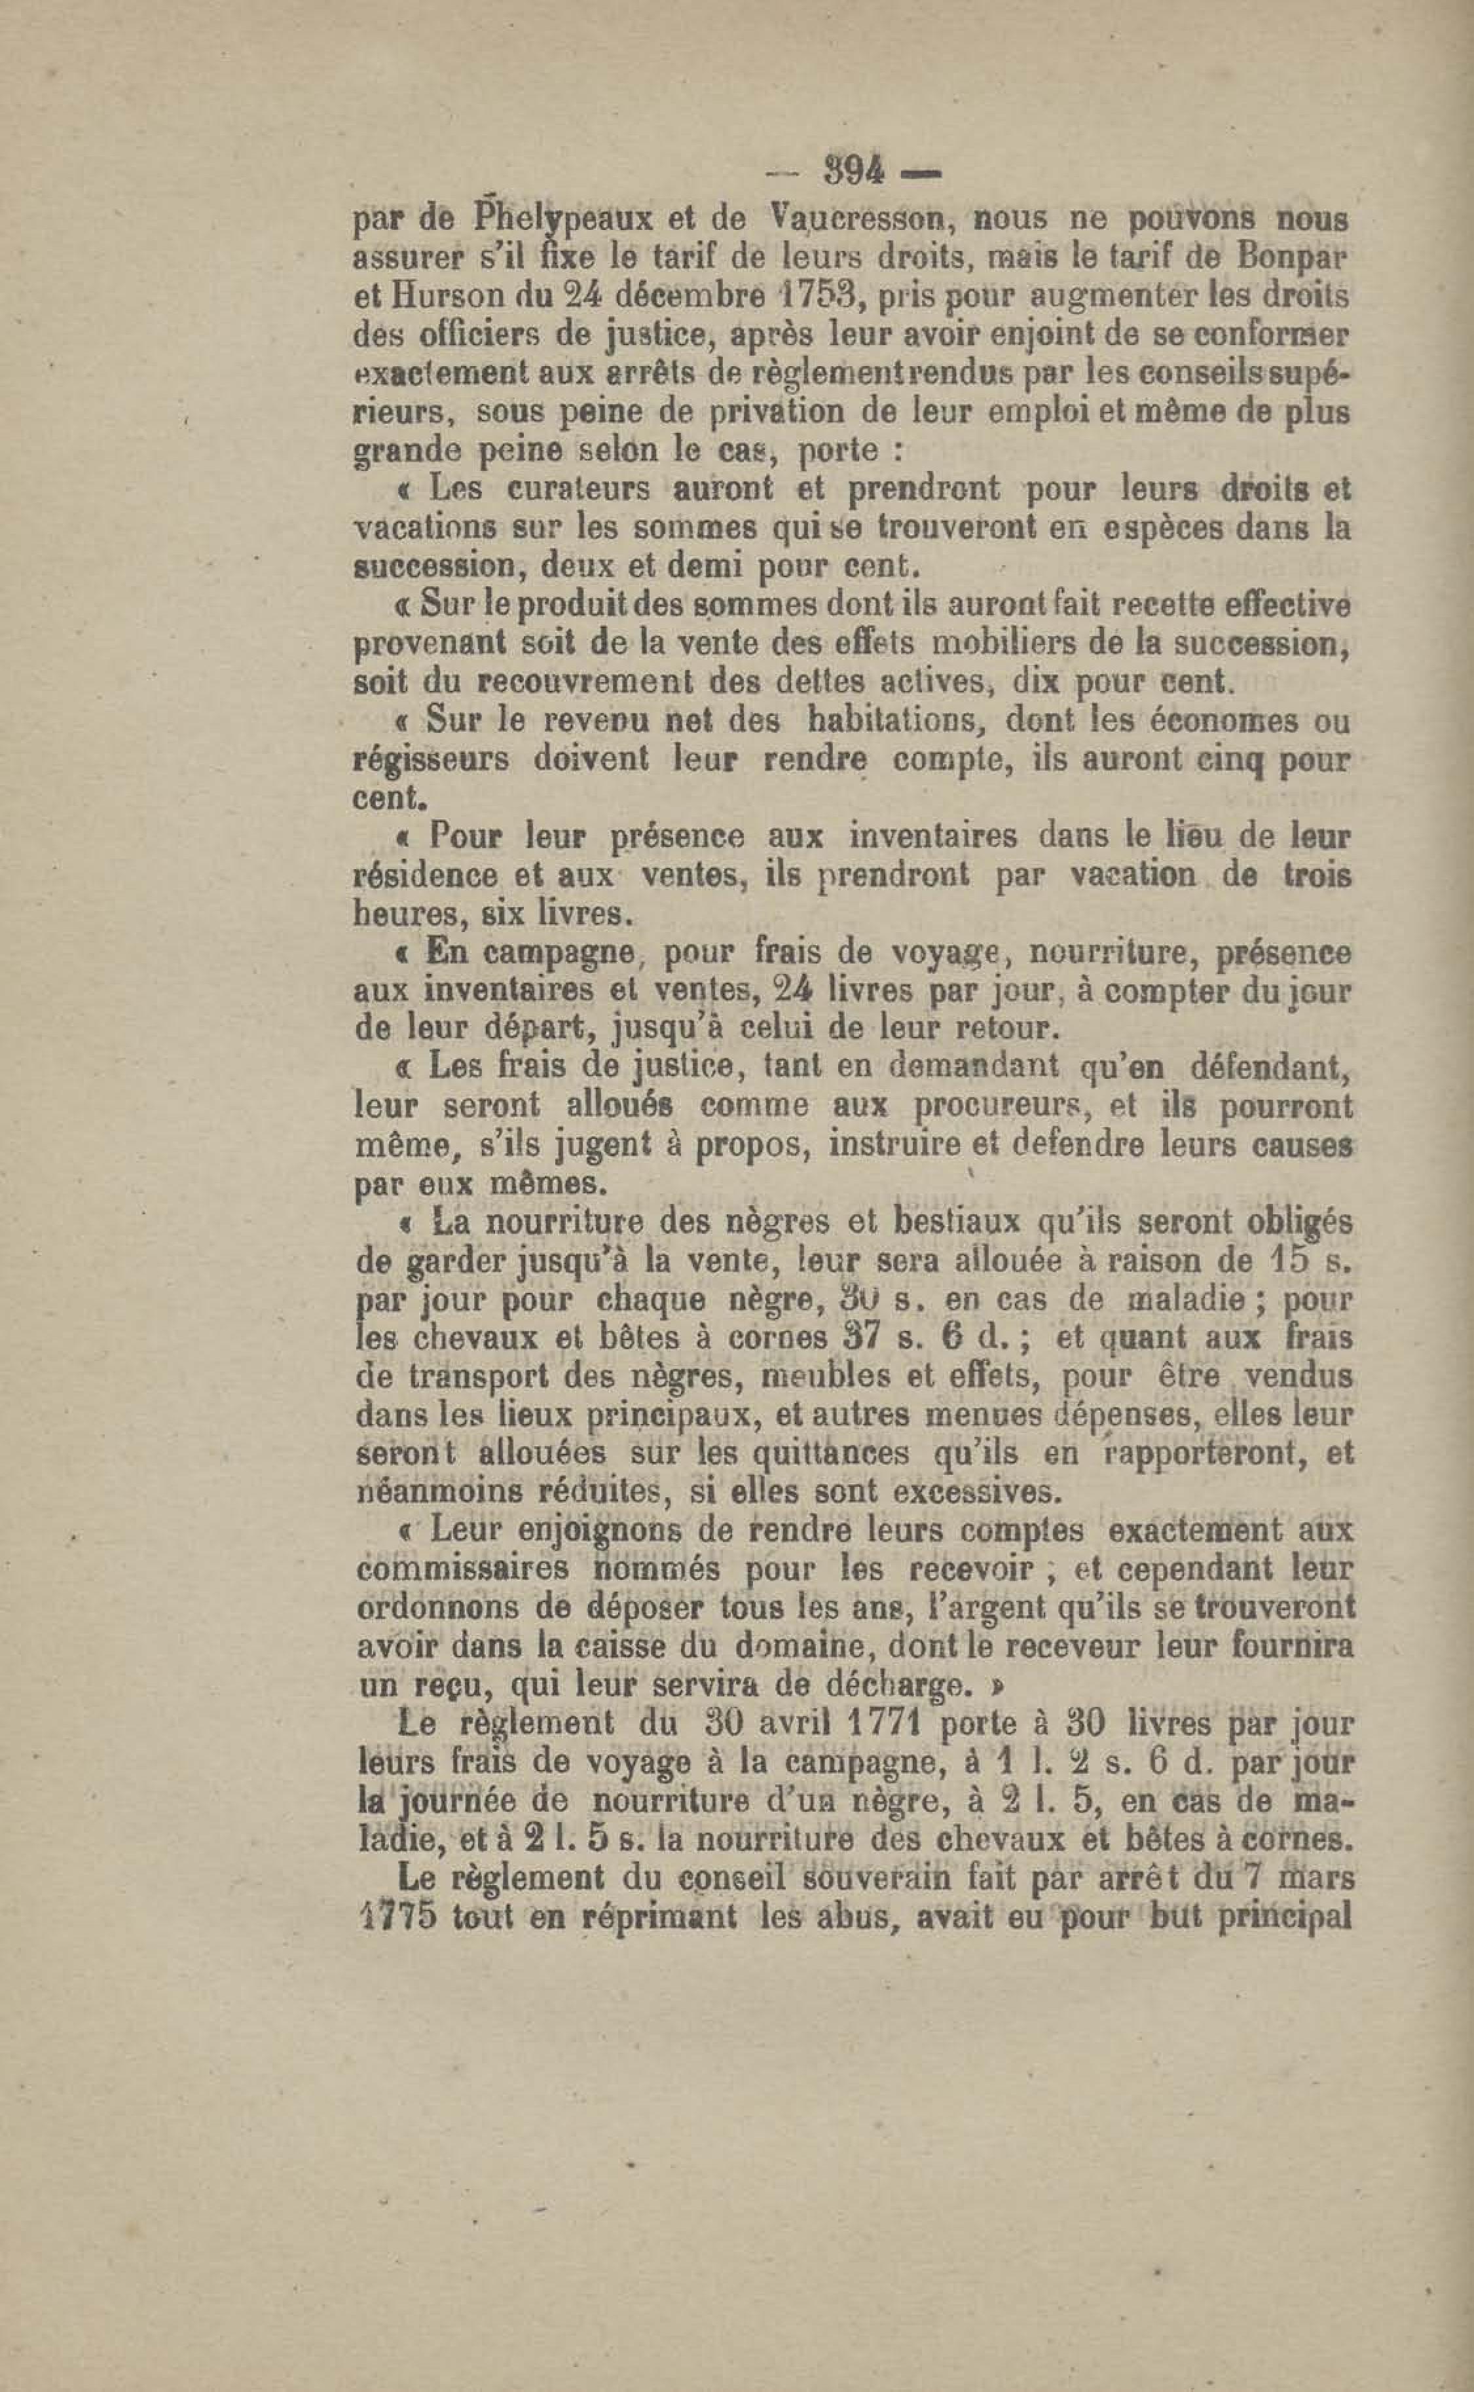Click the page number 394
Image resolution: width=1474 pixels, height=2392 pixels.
(x=855, y=174)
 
